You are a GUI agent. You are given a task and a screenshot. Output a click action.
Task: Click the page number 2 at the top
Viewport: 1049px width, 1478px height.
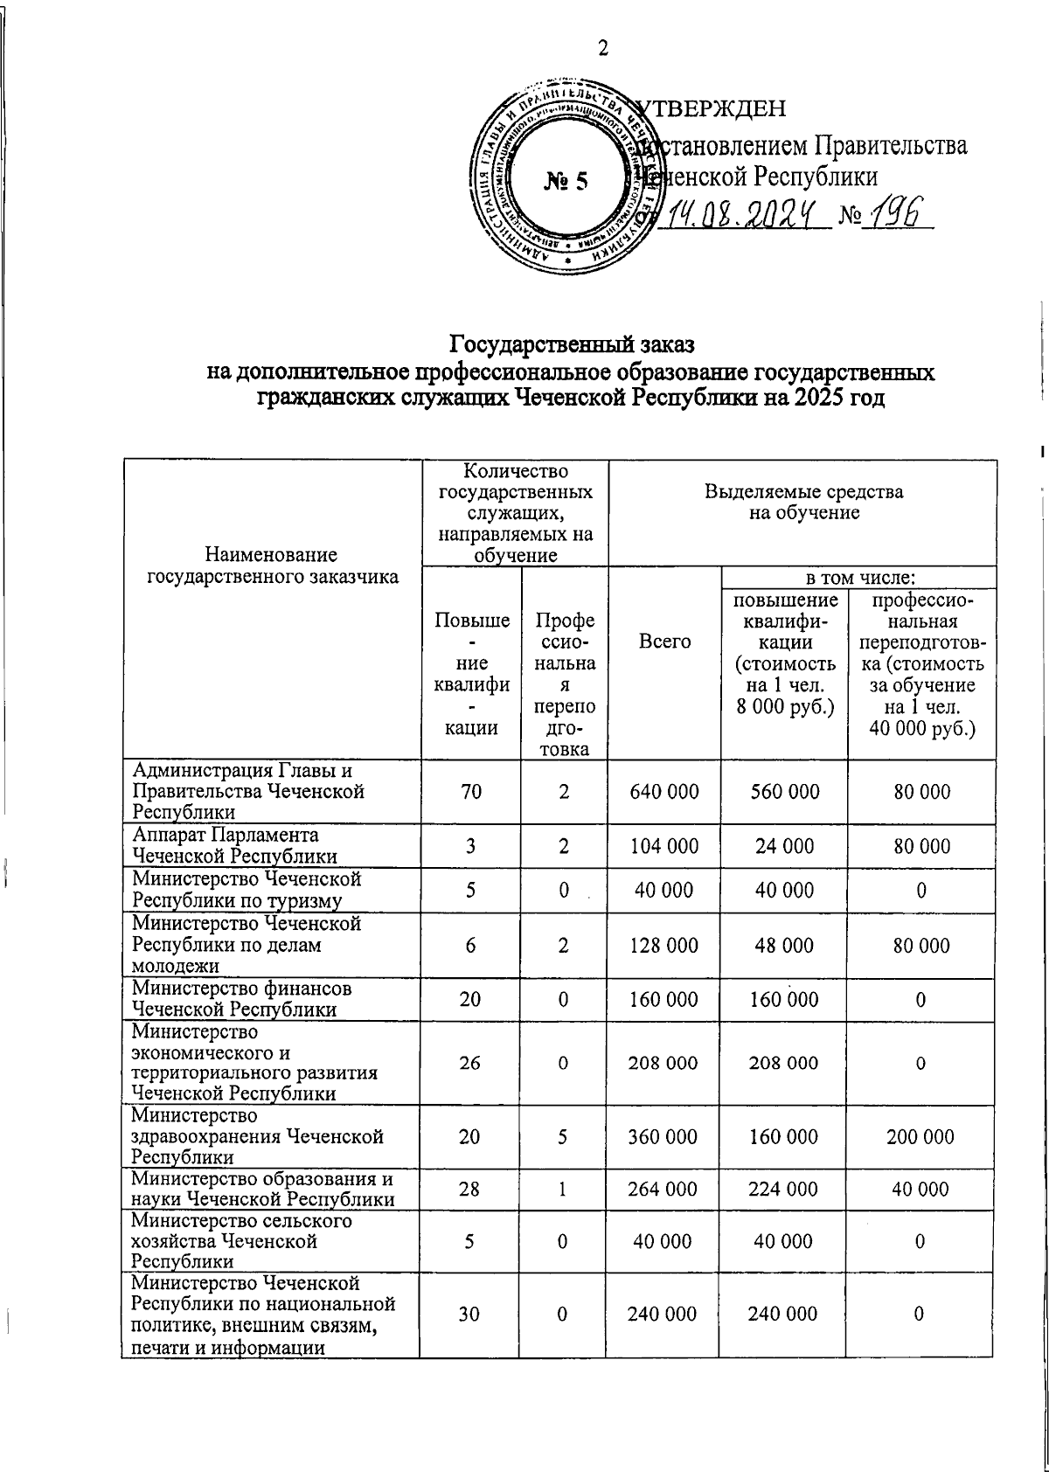[x=602, y=48]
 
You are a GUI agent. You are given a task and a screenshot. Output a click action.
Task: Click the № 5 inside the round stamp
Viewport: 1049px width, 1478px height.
[x=566, y=181]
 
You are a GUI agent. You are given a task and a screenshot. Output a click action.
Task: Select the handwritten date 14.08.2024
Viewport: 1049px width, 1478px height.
[x=745, y=213]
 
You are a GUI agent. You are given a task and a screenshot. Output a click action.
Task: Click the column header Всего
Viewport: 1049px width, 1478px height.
[x=664, y=642]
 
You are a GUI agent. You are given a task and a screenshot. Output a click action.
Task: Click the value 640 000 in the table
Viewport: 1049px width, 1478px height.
[x=664, y=792]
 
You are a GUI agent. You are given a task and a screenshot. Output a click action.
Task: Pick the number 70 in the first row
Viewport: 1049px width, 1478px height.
[x=471, y=792]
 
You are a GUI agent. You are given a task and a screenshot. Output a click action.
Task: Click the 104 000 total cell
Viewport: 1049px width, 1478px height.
[x=664, y=846]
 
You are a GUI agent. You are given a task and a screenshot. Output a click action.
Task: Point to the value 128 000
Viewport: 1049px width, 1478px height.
[x=664, y=946]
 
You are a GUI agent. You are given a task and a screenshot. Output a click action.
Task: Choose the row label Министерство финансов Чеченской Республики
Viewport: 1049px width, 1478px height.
[x=242, y=999]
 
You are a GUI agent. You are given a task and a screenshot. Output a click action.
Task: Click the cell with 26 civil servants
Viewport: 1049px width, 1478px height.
[x=471, y=1063]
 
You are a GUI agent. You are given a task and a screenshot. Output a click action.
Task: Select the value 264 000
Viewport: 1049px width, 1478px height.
[x=664, y=1190]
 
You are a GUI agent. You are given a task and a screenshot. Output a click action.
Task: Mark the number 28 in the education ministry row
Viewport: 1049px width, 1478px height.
[x=471, y=1190]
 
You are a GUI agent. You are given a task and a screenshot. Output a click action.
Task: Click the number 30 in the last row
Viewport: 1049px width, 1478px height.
[x=471, y=1314]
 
